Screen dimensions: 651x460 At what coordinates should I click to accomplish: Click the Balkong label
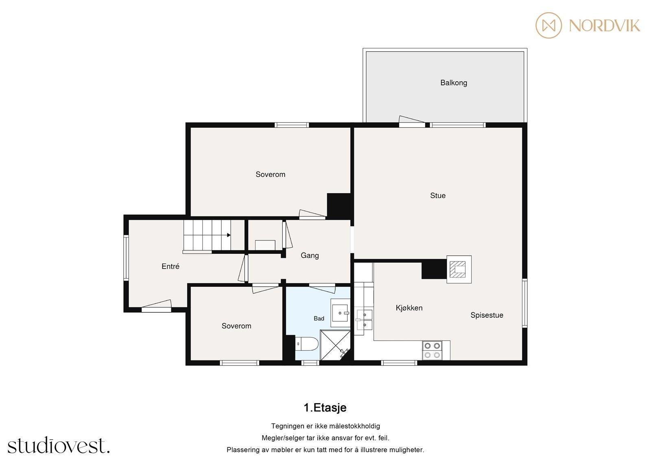(x=454, y=83)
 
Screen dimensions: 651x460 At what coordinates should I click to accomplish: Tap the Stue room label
(x=438, y=196)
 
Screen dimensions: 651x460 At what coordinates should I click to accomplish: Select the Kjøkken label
(x=409, y=308)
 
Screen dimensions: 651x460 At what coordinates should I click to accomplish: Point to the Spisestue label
(x=487, y=315)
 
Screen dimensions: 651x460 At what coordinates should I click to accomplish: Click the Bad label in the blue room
(x=319, y=318)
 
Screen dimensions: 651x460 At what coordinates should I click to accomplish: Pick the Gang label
(x=310, y=255)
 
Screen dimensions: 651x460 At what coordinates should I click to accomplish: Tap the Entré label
(x=170, y=266)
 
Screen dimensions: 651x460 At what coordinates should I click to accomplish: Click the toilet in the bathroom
(x=307, y=344)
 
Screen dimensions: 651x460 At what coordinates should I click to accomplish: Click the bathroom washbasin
(x=340, y=313)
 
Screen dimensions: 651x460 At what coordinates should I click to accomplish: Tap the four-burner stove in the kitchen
(x=432, y=350)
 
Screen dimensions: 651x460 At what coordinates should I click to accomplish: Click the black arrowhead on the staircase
(x=229, y=235)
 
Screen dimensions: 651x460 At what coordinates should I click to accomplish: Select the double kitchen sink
(x=364, y=320)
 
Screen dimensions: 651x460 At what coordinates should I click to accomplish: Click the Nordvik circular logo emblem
(x=549, y=25)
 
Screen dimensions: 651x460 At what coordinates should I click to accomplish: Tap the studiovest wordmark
(x=59, y=445)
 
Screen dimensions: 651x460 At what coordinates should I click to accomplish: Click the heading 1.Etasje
(x=325, y=408)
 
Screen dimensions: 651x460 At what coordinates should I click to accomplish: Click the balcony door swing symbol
(x=412, y=122)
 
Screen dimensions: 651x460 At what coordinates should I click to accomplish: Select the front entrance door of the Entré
(x=156, y=306)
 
